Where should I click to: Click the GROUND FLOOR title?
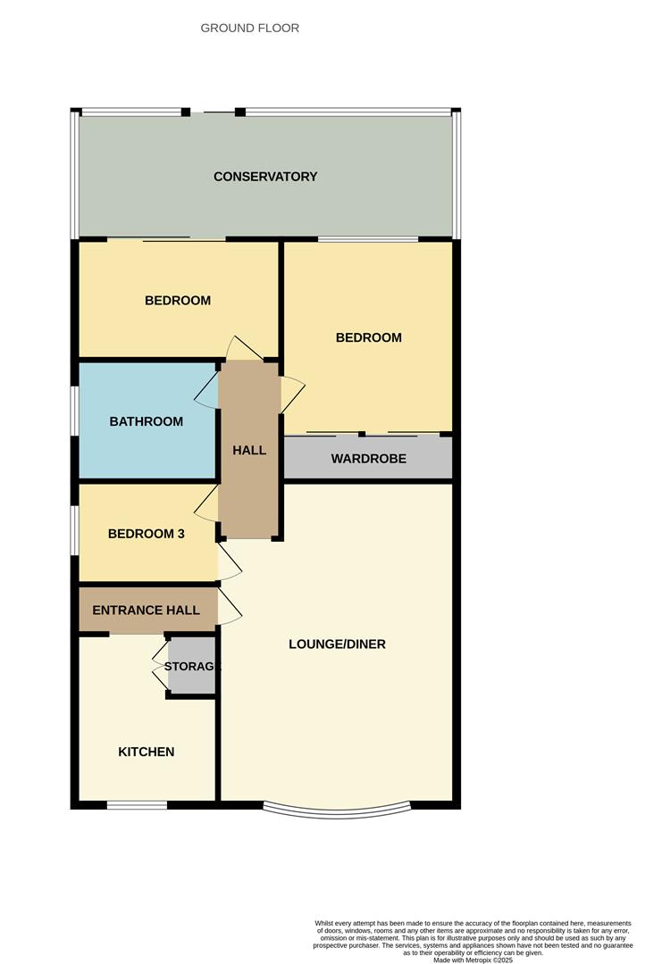tap(249, 29)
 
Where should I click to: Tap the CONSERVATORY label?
tap(265, 177)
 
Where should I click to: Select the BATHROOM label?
tap(147, 421)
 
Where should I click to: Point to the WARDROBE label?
tap(368, 459)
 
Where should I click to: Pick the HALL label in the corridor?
tap(249, 451)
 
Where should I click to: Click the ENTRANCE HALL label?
tap(147, 611)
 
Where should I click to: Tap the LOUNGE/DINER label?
tap(338, 644)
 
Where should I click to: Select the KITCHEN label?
tap(147, 752)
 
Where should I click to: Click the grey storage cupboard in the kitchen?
tap(192, 666)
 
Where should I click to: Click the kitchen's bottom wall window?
tap(137, 805)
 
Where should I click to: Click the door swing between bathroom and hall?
tap(206, 390)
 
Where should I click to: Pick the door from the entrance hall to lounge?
tap(230, 607)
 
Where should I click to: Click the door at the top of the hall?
tap(243, 349)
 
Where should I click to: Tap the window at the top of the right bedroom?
tap(368, 239)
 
